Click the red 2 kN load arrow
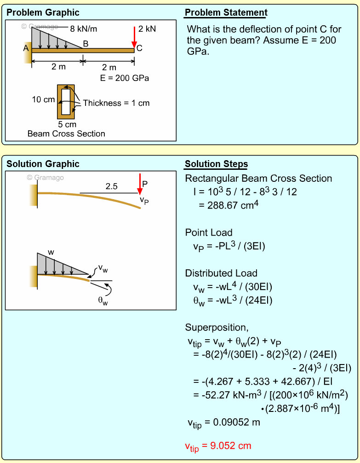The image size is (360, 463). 134,37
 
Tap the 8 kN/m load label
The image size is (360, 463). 83,29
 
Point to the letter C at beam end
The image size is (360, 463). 139,48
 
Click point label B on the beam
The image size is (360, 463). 85,44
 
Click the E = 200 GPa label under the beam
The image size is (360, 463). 124,78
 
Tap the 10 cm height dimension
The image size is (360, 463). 43,99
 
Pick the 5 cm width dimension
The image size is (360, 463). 67,124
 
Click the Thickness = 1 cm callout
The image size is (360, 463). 116,103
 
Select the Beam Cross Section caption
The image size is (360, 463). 66,134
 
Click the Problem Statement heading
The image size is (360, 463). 226,12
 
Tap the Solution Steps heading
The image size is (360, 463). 216,164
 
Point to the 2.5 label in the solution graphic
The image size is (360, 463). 111,186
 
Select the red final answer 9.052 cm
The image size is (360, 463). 218,446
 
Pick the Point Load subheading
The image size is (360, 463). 209,232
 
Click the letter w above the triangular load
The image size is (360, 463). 51,252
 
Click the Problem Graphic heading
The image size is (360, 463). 43,12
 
